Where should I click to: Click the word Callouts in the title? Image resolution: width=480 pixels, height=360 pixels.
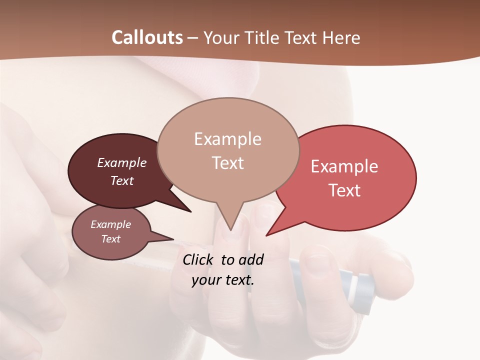point(147,37)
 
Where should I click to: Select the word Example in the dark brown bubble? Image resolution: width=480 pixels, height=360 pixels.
point(122,162)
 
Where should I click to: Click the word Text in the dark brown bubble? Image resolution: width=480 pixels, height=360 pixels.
point(122,180)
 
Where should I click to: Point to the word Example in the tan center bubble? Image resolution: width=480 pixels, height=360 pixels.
point(227,139)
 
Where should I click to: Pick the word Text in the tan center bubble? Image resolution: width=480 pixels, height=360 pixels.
point(227,163)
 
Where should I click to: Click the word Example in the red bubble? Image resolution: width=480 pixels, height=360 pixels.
point(344,166)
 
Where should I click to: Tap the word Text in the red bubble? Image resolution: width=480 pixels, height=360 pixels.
point(344,190)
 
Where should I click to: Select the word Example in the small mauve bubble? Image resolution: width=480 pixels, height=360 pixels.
point(110,224)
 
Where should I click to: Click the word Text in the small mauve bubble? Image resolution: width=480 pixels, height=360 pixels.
point(110,239)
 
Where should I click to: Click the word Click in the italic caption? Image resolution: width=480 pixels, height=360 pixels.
point(198,259)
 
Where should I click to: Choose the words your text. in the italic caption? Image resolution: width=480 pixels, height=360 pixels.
point(222,280)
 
